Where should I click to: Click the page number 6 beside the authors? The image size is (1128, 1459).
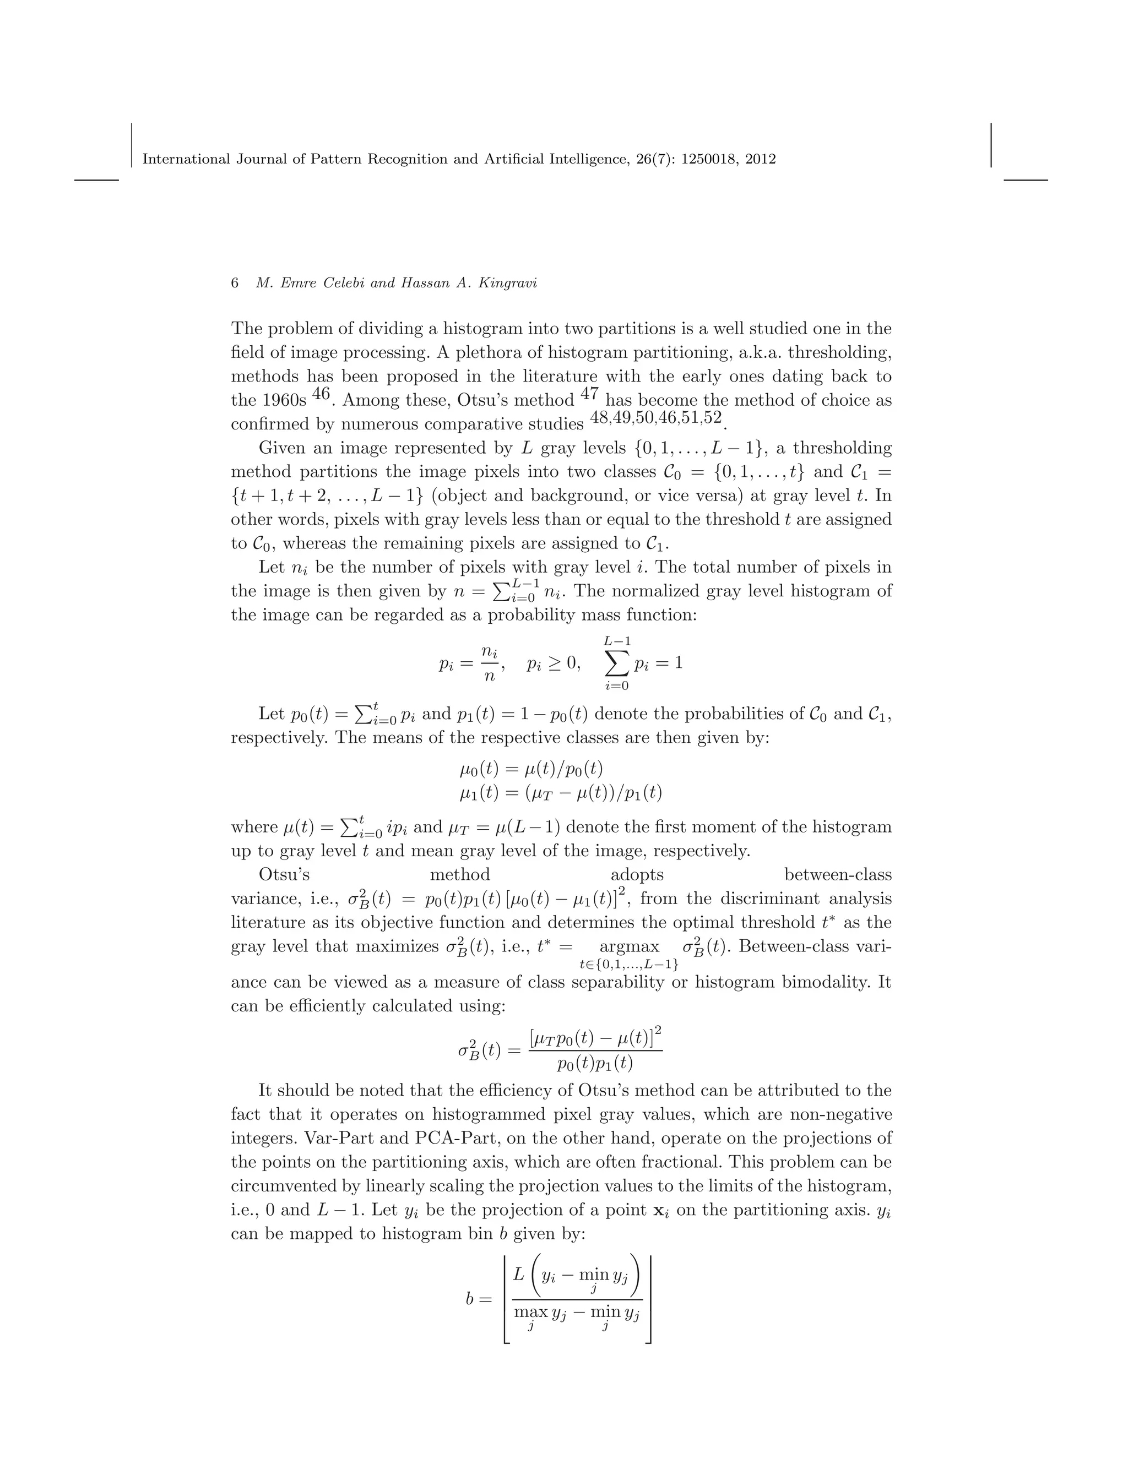coord(235,283)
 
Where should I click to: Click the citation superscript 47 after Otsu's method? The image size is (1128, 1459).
coord(589,394)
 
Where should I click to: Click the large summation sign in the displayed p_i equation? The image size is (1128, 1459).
coord(617,663)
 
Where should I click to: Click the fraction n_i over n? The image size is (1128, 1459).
coord(490,663)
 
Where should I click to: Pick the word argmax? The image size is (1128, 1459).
coord(629,946)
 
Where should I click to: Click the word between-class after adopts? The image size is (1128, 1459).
coord(837,874)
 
